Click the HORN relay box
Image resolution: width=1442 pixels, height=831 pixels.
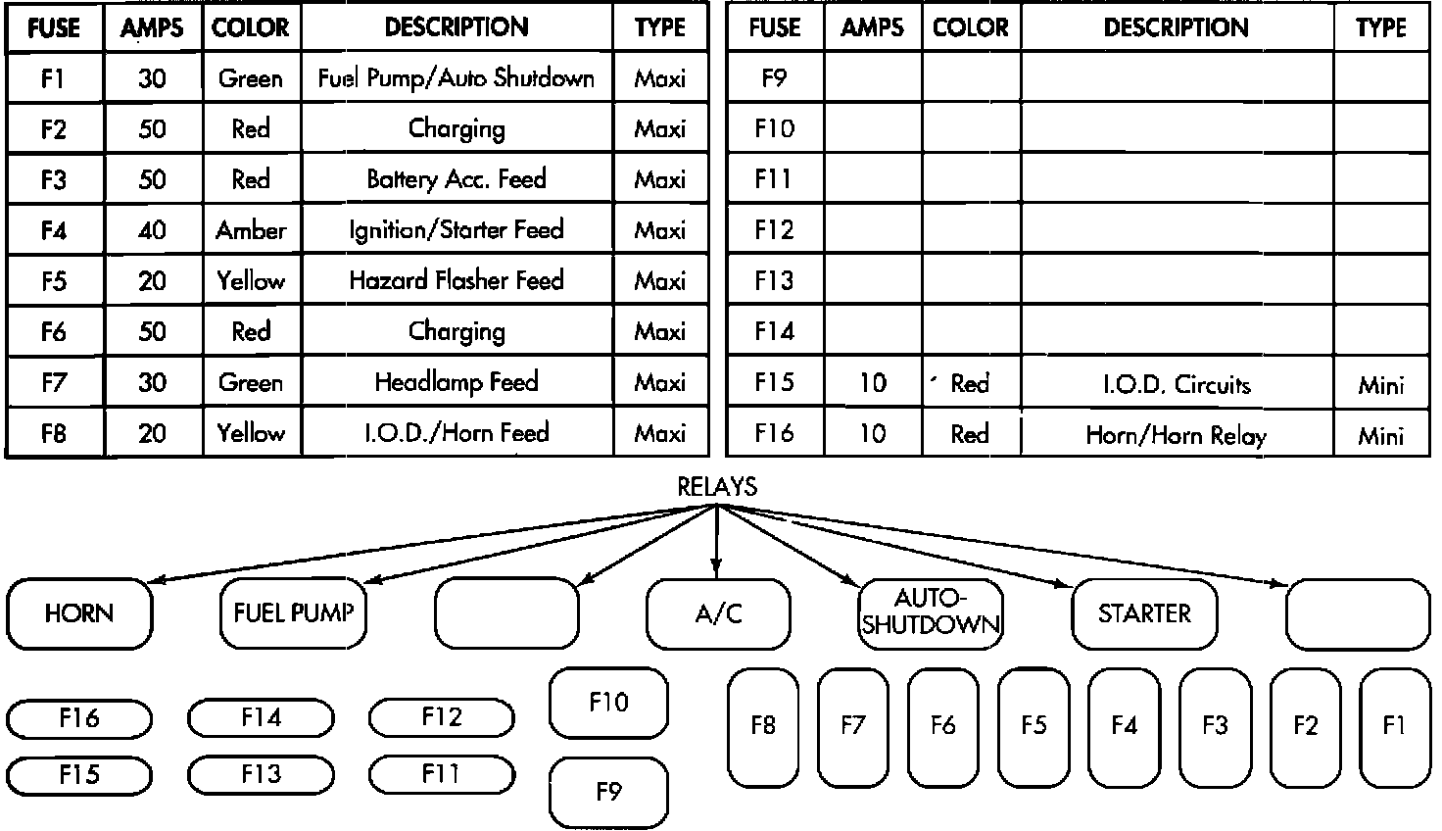(79, 613)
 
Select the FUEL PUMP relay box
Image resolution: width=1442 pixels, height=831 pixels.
(293, 613)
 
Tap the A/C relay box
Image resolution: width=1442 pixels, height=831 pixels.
(718, 613)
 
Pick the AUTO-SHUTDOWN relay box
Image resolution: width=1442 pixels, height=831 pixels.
(931, 612)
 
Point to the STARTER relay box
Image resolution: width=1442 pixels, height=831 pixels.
(1144, 613)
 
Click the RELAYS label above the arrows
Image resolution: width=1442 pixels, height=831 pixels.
(717, 487)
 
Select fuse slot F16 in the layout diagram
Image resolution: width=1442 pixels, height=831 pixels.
(79, 719)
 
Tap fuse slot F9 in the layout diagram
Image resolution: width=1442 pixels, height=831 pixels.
(608, 792)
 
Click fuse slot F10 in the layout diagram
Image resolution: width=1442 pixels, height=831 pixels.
(608, 703)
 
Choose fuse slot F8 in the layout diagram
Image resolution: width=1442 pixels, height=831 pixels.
(763, 726)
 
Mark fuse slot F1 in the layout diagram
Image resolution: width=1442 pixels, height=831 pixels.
(1395, 726)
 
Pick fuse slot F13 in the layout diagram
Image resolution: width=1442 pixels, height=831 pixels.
(261, 775)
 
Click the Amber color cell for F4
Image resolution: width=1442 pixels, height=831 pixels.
(252, 230)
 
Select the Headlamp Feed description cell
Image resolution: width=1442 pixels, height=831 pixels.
(457, 382)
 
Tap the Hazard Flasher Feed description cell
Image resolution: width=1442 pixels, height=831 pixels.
(457, 281)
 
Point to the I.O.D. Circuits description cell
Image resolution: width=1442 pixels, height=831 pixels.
(1177, 384)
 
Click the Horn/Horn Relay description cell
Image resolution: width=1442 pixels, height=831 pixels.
(1177, 435)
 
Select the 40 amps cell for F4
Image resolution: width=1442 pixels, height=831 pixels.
(153, 230)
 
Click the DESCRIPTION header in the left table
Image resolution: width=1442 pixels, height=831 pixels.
(457, 27)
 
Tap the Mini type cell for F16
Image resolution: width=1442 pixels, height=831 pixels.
(1381, 435)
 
